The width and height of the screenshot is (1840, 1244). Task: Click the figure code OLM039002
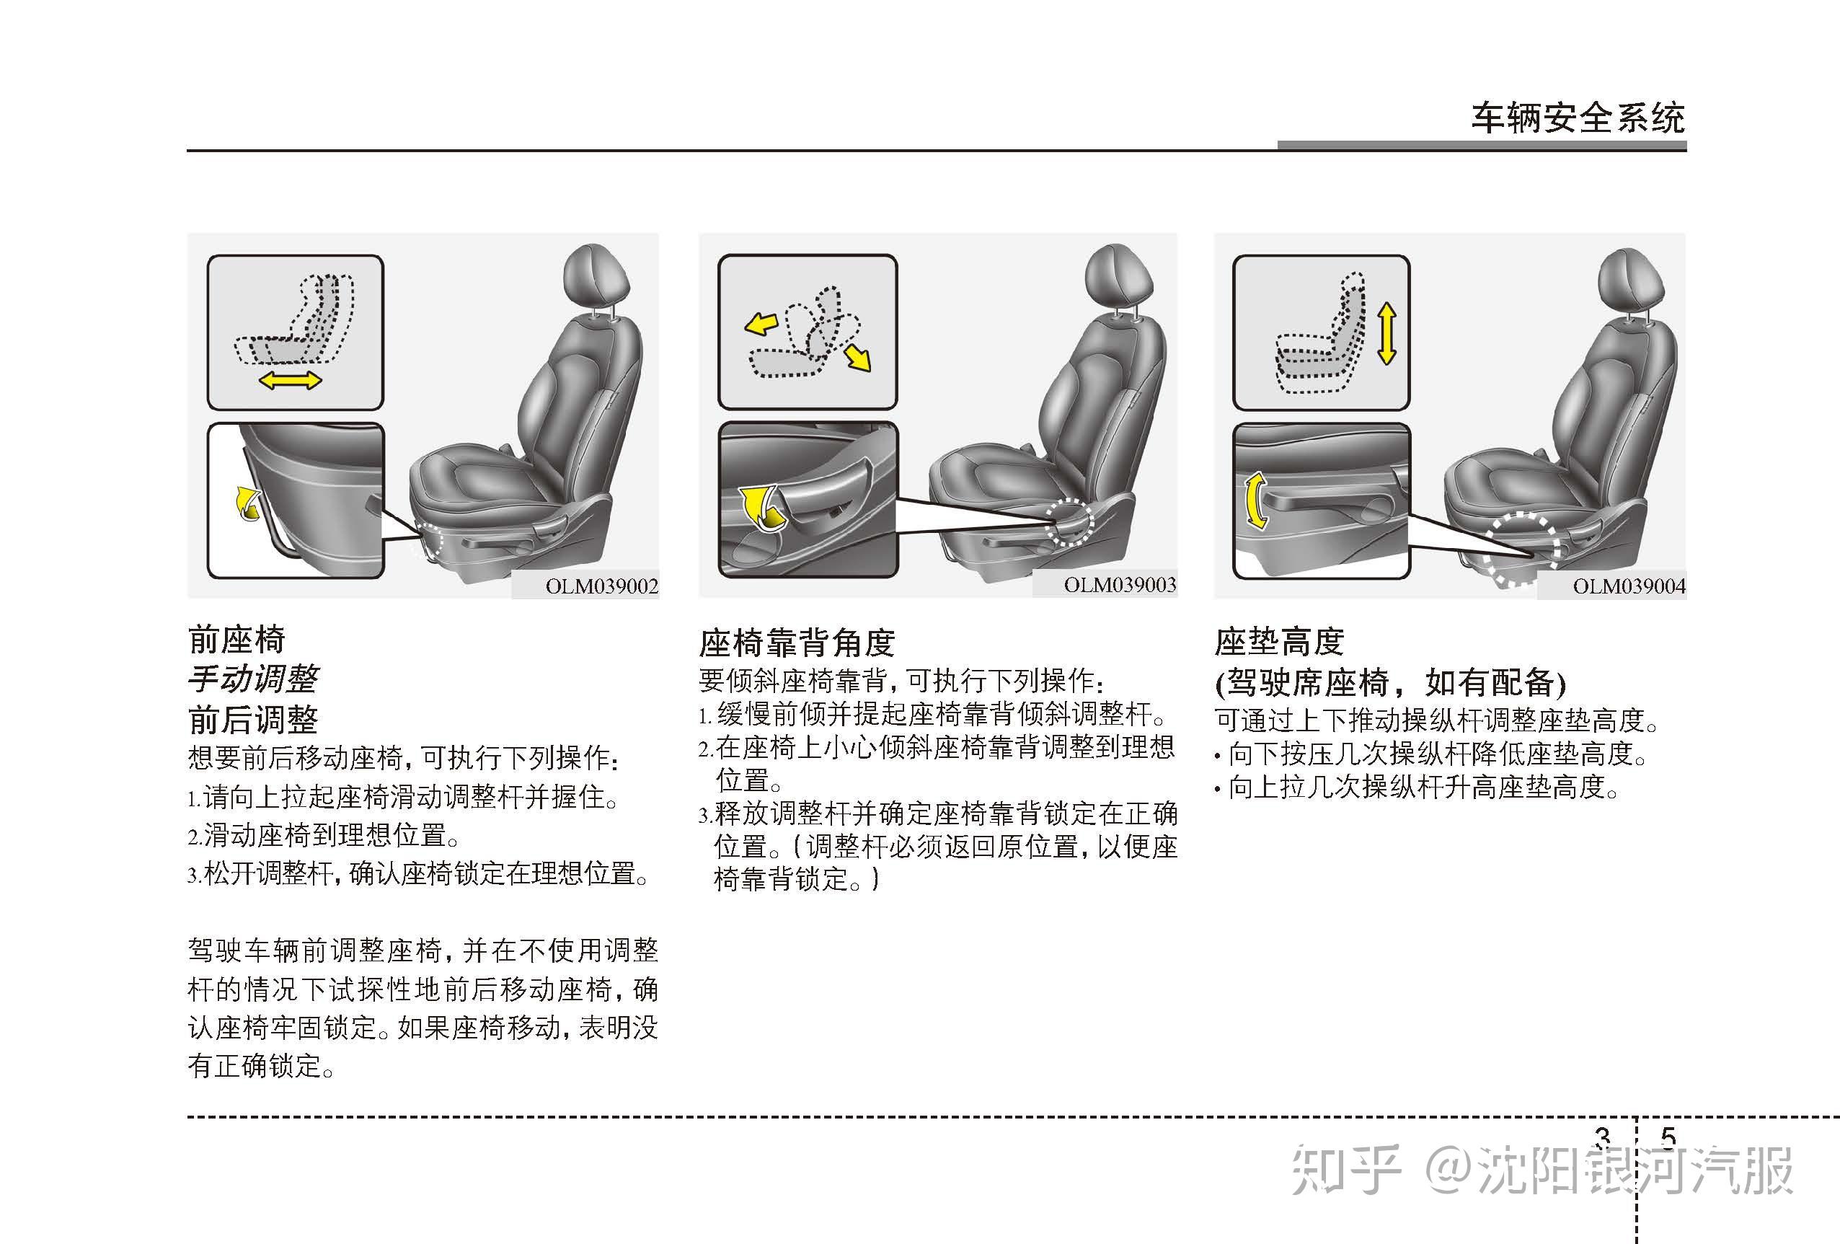[x=602, y=587]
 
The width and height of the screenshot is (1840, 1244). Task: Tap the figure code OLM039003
[x=1120, y=585]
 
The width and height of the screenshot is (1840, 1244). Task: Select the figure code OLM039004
[x=1629, y=587]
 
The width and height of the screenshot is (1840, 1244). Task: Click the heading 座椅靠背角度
[x=797, y=643]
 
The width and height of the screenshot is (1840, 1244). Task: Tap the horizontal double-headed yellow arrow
[x=291, y=381]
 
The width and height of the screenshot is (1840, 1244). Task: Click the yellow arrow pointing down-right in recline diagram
[x=857, y=358]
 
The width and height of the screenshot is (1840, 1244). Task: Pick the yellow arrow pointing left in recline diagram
[x=761, y=323]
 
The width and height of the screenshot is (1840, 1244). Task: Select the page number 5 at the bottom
[x=1668, y=1138]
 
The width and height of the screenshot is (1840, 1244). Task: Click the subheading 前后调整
[x=253, y=720]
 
